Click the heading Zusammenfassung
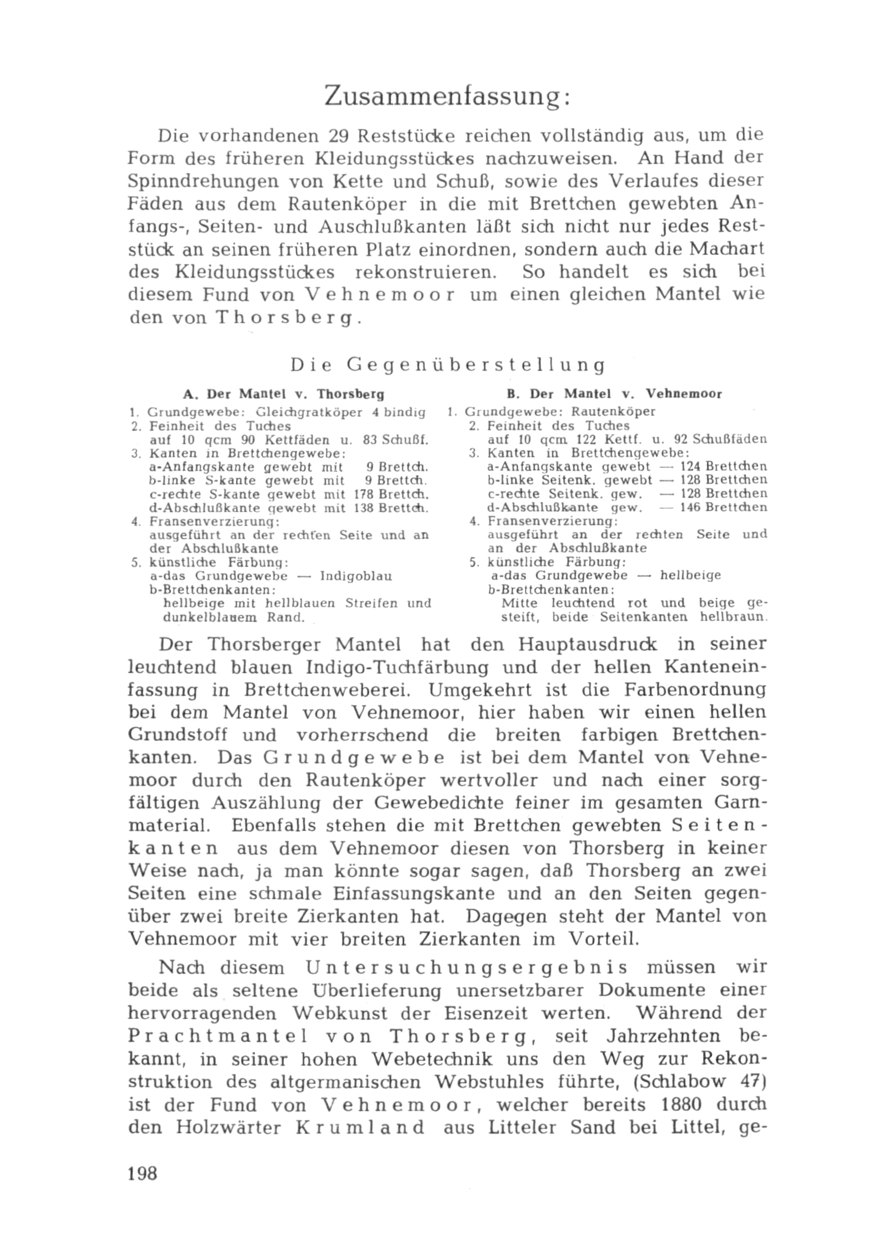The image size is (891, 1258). coord(447,96)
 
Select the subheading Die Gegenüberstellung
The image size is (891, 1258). coord(447,365)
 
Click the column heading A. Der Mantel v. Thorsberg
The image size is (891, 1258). coord(283,394)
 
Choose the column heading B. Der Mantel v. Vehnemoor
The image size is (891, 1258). coord(615,394)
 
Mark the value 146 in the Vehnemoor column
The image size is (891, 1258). coord(691,508)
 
